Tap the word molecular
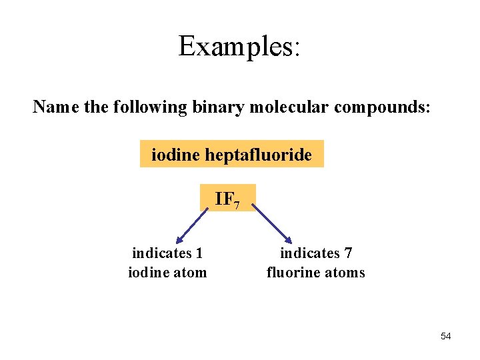click(x=291, y=107)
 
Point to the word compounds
click(x=384, y=107)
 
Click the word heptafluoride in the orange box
click(x=258, y=155)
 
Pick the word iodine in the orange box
click(x=176, y=155)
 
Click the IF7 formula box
click(x=227, y=198)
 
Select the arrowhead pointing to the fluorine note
click(x=288, y=239)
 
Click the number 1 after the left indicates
click(x=199, y=253)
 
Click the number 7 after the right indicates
click(x=348, y=253)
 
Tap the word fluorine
click(x=294, y=272)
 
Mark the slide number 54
click(x=445, y=336)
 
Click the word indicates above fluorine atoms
click(x=309, y=253)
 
